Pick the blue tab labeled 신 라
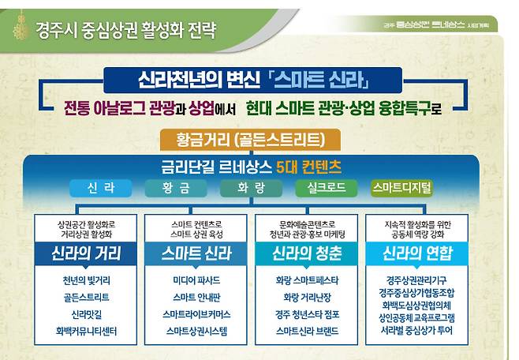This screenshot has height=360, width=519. point(102,188)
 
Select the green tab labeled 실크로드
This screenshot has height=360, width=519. point(323,188)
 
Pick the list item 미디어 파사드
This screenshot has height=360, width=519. point(196,281)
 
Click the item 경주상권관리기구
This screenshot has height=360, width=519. point(417,280)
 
